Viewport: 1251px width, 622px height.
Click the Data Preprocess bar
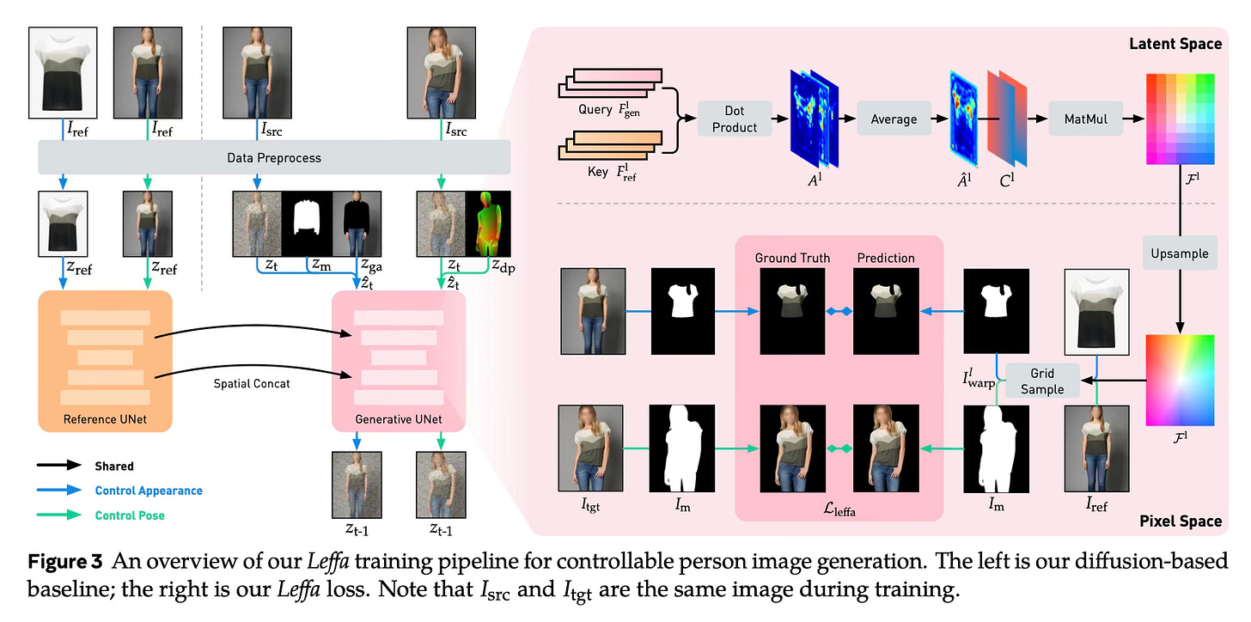274,157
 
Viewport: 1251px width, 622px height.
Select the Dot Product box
734,119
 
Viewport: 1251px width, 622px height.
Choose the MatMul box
1085,119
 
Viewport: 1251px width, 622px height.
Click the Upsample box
1179,253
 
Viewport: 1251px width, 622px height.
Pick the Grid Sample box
1041,381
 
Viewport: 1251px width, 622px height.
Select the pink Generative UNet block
399,361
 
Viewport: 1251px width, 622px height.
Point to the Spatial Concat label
252,383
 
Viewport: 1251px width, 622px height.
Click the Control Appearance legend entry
149,491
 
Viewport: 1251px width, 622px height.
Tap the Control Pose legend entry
130,515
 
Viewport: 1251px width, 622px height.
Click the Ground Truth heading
791,258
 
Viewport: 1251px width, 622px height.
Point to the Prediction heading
885,258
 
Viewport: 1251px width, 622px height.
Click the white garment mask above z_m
307,223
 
